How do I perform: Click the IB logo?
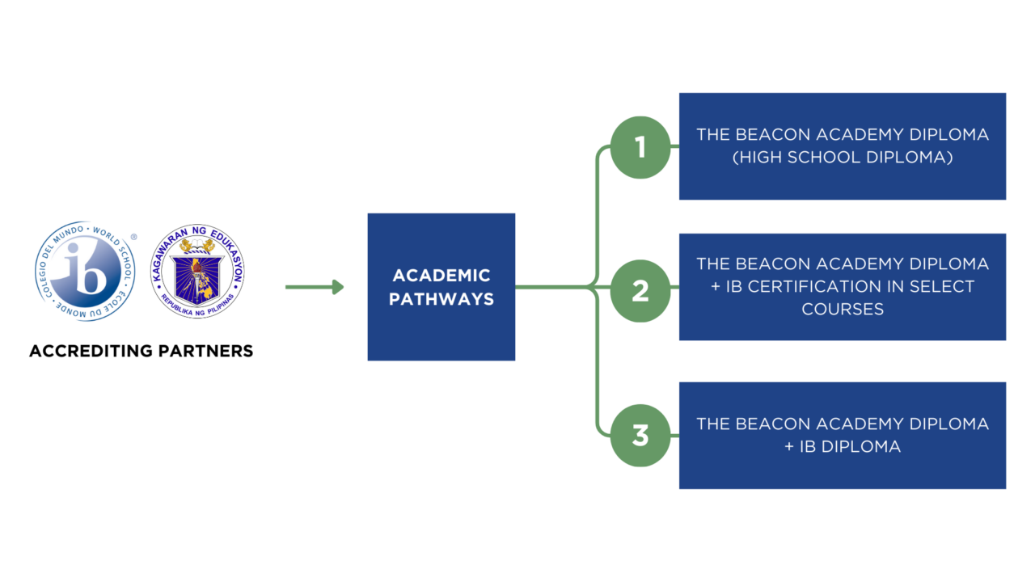[85, 272]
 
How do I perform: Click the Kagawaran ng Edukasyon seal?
[198, 272]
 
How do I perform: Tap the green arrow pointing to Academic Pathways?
[315, 287]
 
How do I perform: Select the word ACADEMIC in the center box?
[441, 276]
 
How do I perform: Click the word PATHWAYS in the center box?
[441, 299]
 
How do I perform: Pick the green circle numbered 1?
[640, 147]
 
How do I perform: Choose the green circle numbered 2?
[640, 291]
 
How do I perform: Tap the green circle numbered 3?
[640, 436]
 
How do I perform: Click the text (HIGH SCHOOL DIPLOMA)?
[842, 158]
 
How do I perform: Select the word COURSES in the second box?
[842, 309]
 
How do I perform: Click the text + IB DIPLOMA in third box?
[842, 446]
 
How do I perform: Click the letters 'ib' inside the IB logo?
[86, 271]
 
